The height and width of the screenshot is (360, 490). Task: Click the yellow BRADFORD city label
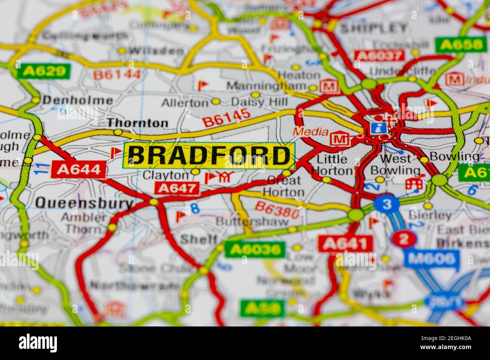coord(209,156)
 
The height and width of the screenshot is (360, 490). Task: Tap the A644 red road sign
coord(79,169)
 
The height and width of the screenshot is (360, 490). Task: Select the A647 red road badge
coord(177,188)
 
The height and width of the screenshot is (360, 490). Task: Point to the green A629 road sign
coord(44,72)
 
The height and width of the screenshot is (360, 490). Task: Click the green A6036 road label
coord(255,249)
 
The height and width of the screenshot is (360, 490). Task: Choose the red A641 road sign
coord(345,244)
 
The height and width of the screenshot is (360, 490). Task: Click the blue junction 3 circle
coord(386,204)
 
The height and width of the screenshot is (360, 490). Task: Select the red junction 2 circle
coord(404,239)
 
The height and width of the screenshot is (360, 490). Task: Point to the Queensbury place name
coord(84,203)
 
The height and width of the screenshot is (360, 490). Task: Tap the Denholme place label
coord(77,101)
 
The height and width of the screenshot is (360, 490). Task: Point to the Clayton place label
coord(165,175)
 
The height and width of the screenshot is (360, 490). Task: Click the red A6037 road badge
coord(378,56)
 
